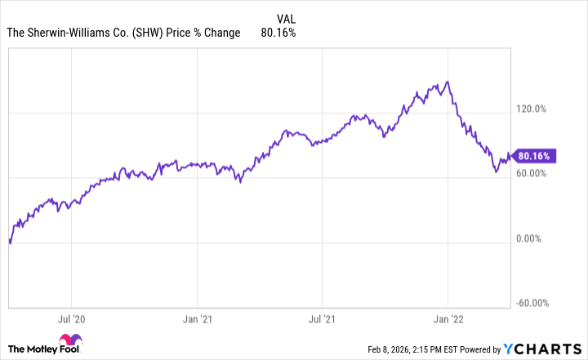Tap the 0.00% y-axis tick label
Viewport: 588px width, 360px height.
coord(533,238)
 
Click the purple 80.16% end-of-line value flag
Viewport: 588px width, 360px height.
coord(535,155)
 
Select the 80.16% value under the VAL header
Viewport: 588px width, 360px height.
coord(278,33)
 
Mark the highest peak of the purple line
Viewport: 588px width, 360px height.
coord(446,82)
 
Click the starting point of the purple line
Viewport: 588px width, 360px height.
coord(9,242)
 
